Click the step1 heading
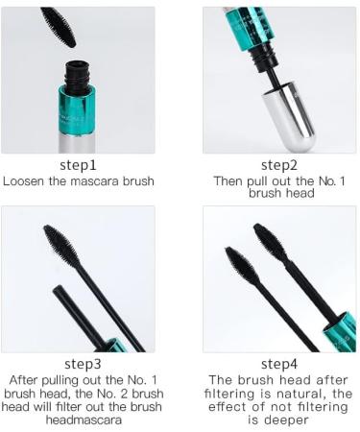(x=80, y=165)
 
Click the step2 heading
(x=278, y=165)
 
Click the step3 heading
(x=80, y=364)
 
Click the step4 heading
(x=278, y=364)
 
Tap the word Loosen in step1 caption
(x=26, y=180)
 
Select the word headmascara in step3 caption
(x=80, y=419)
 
